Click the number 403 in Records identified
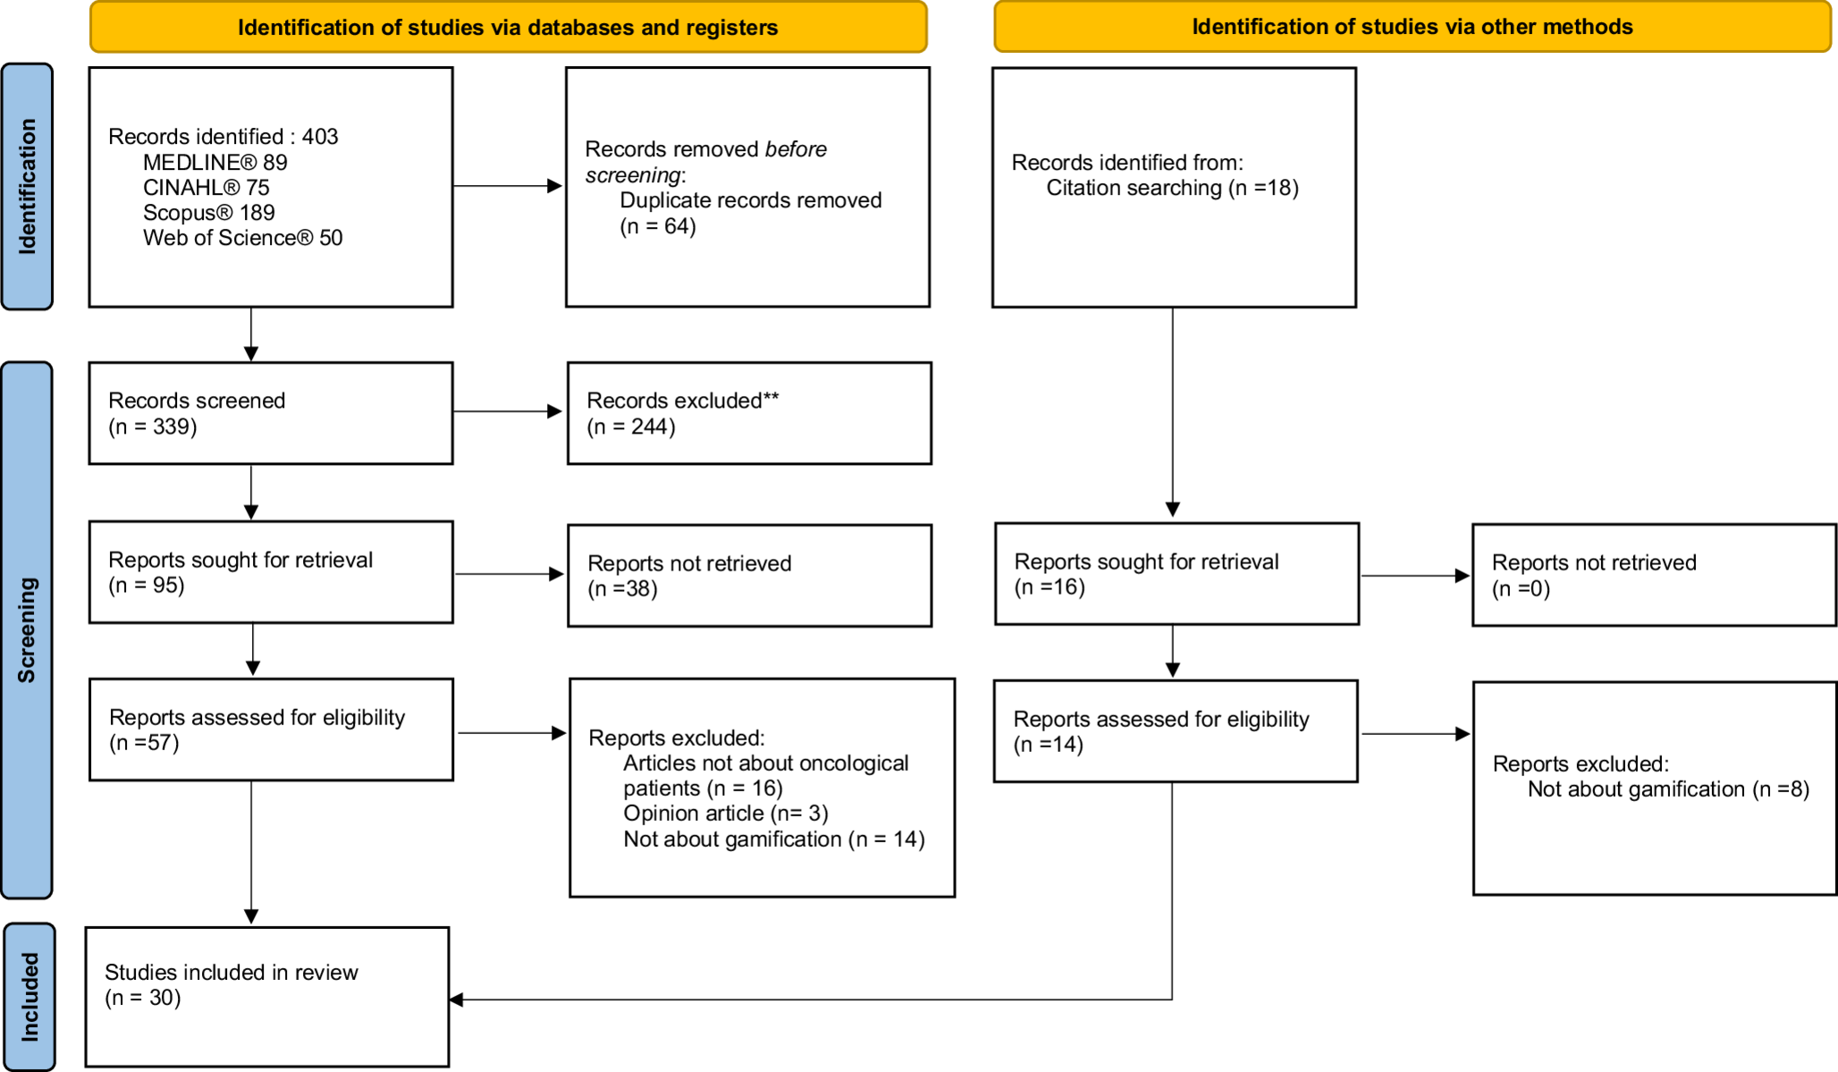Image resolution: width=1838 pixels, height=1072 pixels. (x=320, y=137)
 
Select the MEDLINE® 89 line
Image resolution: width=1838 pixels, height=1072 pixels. (x=215, y=163)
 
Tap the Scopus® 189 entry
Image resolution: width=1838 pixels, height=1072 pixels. (x=208, y=213)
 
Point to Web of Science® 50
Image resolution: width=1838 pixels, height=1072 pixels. (x=242, y=238)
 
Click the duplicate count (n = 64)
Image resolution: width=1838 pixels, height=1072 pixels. (x=658, y=226)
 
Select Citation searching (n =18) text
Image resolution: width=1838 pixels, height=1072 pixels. (x=1172, y=188)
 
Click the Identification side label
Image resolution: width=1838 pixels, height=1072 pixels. (x=28, y=187)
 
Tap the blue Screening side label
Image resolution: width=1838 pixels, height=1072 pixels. (x=28, y=629)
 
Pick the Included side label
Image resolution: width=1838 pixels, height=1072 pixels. (x=30, y=996)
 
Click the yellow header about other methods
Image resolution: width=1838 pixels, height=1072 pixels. (x=1412, y=27)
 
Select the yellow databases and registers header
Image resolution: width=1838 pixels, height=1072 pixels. (x=508, y=28)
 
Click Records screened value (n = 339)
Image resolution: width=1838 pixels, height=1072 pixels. (x=153, y=426)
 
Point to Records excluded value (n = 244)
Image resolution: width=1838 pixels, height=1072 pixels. (x=631, y=426)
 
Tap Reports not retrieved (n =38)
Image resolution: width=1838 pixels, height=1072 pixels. (x=622, y=588)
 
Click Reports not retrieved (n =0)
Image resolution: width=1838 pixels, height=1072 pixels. (x=1521, y=588)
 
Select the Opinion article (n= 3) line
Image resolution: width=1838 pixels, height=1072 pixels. (x=725, y=814)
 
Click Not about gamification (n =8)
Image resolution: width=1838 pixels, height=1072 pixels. (x=1668, y=789)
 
